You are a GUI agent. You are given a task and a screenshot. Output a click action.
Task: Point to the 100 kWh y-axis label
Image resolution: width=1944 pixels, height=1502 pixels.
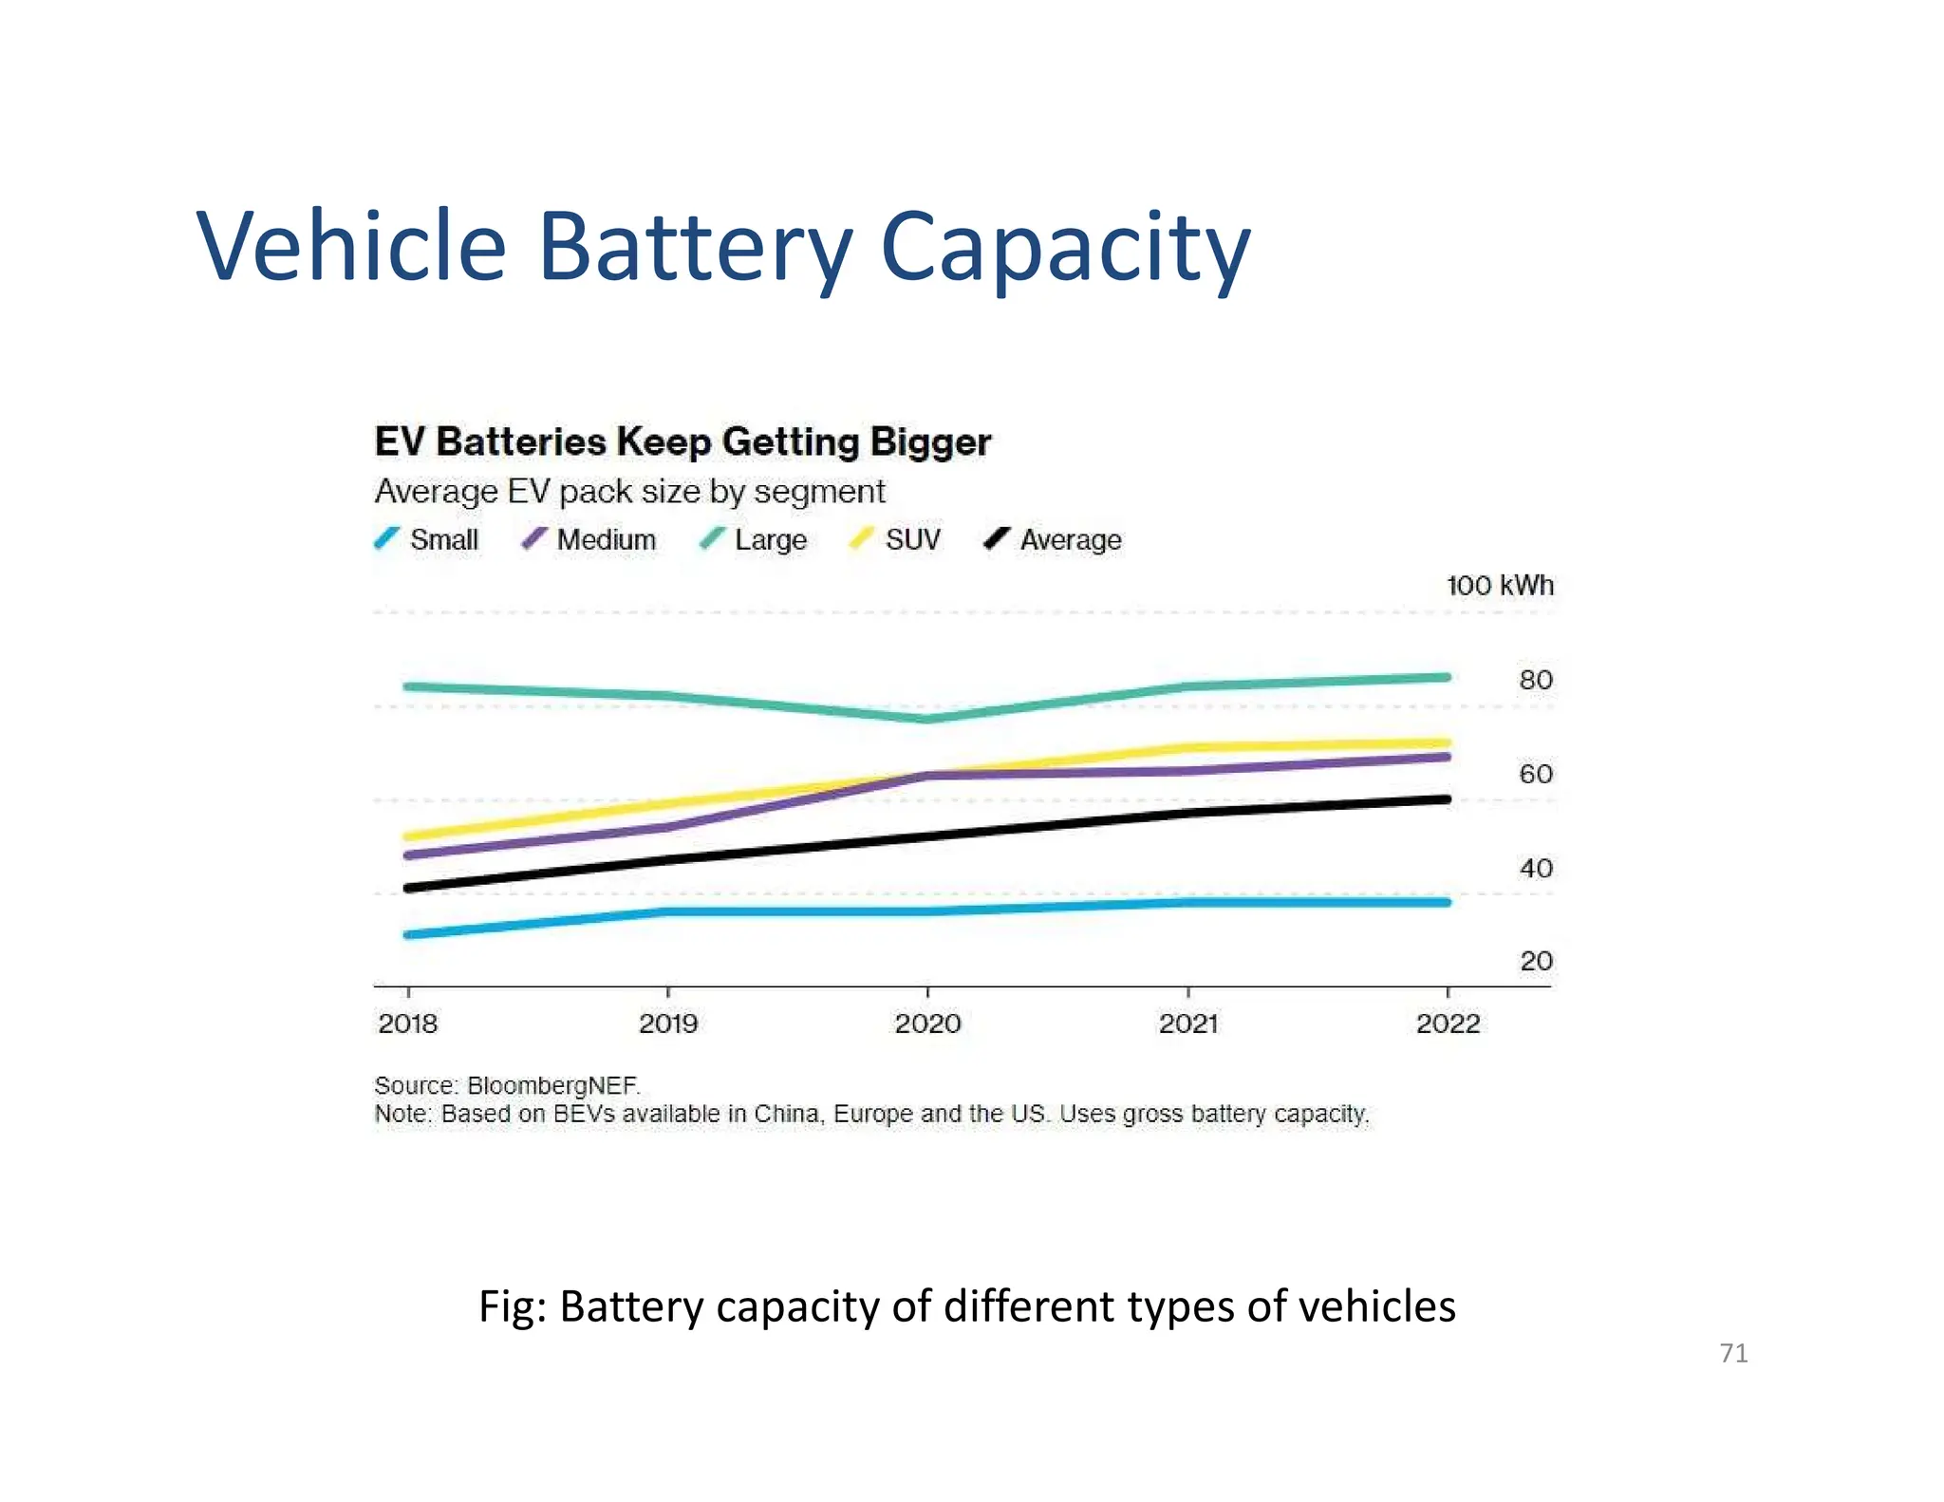click(x=1499, y=586)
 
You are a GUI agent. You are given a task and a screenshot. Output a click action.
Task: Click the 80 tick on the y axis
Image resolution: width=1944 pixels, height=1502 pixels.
click(x=1535, y=680)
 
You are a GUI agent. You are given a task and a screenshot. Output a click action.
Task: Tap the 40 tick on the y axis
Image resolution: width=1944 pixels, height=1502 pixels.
click(x=1535, y=868)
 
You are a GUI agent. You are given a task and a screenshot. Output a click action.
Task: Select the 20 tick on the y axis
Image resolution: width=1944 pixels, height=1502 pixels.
click(x=1535, y=961)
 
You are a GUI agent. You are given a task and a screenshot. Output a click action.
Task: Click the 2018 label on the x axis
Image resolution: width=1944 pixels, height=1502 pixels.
click(x=408, y=1023)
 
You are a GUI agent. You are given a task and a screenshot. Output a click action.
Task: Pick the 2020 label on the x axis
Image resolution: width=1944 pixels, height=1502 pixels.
click(x=927, y=1023)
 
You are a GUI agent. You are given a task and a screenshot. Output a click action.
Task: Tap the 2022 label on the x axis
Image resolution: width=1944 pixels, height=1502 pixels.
click(x=1448, y=1023)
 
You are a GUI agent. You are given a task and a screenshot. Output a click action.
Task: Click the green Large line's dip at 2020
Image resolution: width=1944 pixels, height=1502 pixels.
click(x=927, y=719)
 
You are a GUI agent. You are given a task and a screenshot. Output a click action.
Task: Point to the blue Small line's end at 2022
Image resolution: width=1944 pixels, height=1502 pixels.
click(x=1446, y=902)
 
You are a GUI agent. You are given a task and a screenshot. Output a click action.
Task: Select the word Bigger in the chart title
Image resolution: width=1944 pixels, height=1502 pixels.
click(x=930, y=443)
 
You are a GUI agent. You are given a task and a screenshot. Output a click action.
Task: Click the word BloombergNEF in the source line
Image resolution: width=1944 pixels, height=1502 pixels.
click(x=553, y=1085)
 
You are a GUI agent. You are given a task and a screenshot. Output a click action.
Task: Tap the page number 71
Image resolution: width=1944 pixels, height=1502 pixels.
click(x=1733, y=1353)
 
